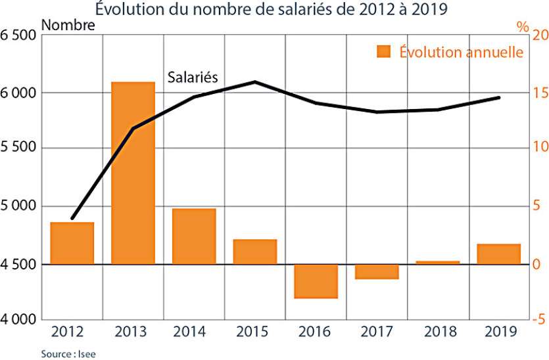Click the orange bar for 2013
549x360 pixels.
coord(133,173)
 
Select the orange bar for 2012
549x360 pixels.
coord(72,243)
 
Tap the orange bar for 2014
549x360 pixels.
coord(194,236)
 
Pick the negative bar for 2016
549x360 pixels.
coord(316,281)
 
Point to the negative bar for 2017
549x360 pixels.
coord(377,272)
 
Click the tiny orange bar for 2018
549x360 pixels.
coord(438,263)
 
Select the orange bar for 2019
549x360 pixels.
coord(498,254)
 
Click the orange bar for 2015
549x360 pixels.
coord(255,252)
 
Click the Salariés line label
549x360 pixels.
coord(193,77)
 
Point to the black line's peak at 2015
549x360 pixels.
coord(255,82)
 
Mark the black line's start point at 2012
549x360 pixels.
coord(72,218)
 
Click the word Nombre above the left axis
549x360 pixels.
coord(68,26)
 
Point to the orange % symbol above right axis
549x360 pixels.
coord(522,27)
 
